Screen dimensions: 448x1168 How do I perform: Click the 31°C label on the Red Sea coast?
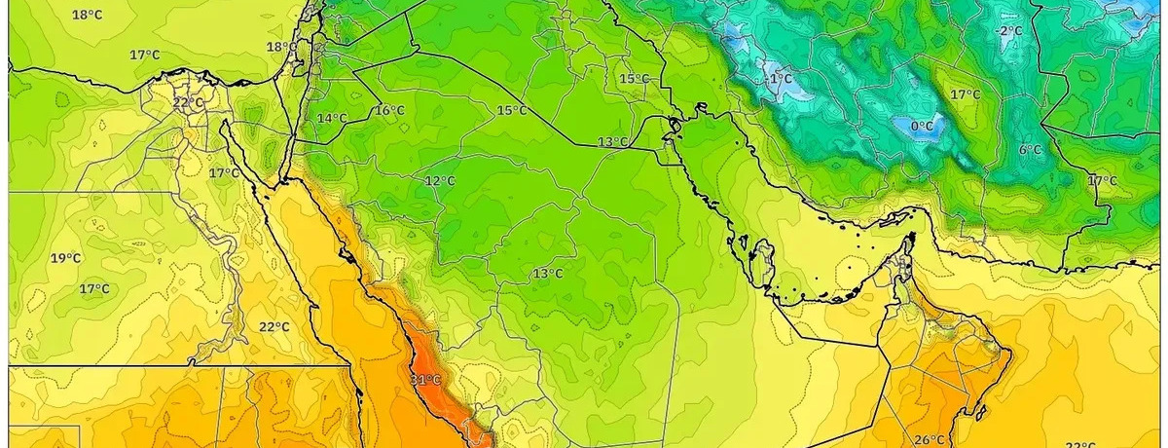point(425,380)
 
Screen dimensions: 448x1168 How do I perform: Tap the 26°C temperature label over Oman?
point(930,439)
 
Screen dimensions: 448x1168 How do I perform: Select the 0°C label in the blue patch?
point(922,126)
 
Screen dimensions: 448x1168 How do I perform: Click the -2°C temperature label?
point(1008,31)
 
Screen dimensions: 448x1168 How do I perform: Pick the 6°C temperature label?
point(1030,150)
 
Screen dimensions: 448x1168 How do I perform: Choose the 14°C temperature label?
point(332,119)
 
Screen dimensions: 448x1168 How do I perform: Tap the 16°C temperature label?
point(389,111)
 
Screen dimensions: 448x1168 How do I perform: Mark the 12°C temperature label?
point(440,181)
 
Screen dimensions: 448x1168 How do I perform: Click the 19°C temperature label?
point(66,258)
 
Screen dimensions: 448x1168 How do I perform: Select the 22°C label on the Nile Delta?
point(189,102)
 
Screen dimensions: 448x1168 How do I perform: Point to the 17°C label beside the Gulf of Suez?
point(224,173)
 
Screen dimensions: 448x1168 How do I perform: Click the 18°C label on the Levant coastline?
point(282,47)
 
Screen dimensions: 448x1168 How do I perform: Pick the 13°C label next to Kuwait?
point(612,142)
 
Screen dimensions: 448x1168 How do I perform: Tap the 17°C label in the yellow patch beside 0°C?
point(965,94)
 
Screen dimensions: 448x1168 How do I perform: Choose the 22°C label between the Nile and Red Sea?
point(274,327)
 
